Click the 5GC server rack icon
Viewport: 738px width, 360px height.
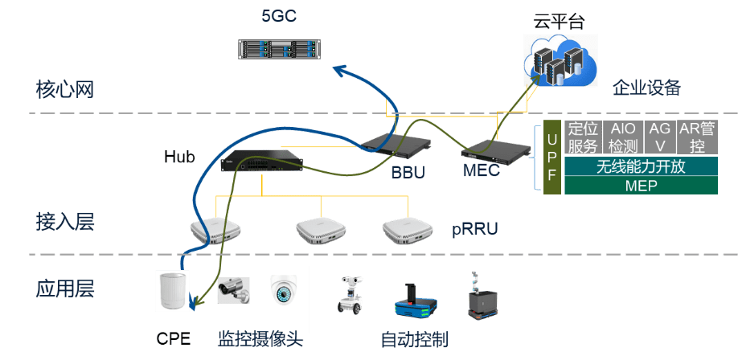click(x=279, y=49)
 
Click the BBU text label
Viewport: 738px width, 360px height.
click(x=408, y=173)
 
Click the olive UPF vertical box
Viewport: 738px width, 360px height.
click(x=551, y=159)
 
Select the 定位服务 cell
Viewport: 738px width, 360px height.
click(x=583, y=137)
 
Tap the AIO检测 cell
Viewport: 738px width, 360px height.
click(x=623, y=137)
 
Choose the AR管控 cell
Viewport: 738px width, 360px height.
click(x=697, y=137)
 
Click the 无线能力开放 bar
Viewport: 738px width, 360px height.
click(x=640, y=166)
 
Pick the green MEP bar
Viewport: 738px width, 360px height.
click(x=640, y=186)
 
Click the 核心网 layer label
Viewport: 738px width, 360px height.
click(x=65, y=88)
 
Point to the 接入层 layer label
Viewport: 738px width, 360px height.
click(x=65, y=222)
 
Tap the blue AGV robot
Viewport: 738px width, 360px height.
click(x=415, y=303)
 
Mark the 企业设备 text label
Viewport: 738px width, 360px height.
click(x=646, y=88)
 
